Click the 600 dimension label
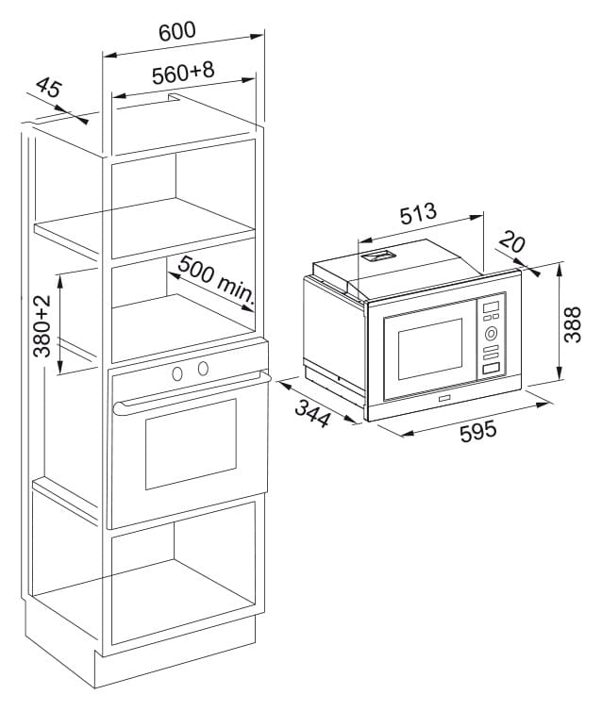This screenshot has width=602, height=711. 177,31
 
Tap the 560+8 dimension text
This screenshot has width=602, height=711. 183,73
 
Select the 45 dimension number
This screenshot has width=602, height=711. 48,88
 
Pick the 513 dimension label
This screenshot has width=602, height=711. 418,213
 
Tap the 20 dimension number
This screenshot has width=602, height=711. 512,240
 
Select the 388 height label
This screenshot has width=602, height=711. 572,324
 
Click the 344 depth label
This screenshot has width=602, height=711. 312,413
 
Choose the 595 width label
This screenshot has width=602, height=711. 478,430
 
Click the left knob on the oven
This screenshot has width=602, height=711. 177,373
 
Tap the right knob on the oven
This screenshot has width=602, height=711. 203,368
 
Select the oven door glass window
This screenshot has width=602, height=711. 191,444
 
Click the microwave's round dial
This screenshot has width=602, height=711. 491,334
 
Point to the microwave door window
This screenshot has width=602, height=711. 430,349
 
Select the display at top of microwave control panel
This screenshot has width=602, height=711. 491,307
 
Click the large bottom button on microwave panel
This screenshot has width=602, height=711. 491,368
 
